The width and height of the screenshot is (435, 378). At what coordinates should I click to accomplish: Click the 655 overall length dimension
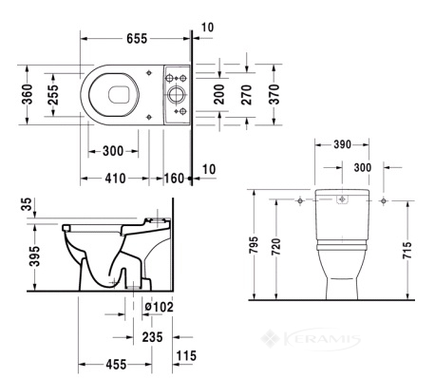(137, 39)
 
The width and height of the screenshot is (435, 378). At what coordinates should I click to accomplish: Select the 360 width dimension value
(28, 94)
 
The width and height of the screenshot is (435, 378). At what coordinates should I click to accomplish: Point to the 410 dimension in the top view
(115, 179)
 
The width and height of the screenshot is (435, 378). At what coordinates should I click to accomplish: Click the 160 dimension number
(174, 179)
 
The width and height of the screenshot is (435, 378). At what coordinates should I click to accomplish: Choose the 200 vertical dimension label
(219, 94)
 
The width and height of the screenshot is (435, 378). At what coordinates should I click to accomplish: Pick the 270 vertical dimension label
(246, 94)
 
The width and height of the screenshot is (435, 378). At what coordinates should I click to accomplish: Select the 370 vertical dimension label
(274, 94)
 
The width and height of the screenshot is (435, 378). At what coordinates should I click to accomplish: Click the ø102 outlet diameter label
(159, 307)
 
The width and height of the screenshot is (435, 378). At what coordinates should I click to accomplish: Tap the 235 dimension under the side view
(152, 337)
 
